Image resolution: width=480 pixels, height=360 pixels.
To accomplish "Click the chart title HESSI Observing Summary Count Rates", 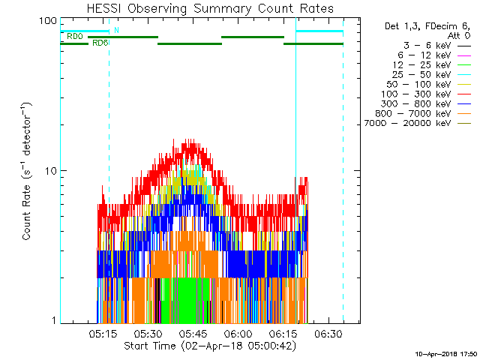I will pyautogui.click(x=211, y=8).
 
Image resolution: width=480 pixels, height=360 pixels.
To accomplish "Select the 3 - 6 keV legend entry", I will pyautogui.click(x=419, y=45).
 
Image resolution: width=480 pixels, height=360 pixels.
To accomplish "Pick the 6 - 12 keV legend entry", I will pyautogui.click(x=419, y=55).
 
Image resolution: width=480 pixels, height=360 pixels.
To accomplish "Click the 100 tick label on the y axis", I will pyautogui.click(x=49, y=20).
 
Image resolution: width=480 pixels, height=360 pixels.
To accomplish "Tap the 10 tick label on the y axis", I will pyautogui.click(x=51, y=171).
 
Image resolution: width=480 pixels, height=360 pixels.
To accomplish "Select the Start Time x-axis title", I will pyautogui.click(x=211, y=346).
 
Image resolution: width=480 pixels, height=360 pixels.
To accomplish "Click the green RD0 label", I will pyautogui.click(x=74, y=36).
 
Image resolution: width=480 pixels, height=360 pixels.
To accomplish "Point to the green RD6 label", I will pyautogui.click(x=100, y=43).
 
